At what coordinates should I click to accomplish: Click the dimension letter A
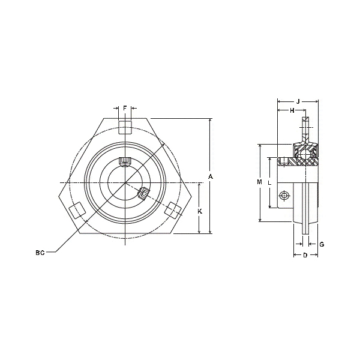pos(211,176)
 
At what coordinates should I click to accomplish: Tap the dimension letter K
pos(200,211)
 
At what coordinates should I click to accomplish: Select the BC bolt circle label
pos(40,253)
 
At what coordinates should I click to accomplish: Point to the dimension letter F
pos(125,108)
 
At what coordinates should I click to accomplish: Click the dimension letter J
pos(298,101)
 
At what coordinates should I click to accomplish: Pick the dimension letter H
pos(292,110)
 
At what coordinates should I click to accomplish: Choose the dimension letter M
pos(259,182)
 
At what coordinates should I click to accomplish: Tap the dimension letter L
pos(270,183)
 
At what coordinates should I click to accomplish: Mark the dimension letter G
pos(322,244)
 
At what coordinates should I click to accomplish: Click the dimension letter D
pos(305,255)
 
